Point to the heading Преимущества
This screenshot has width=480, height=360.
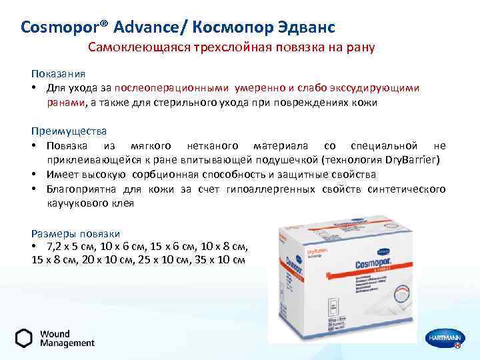point(69,131)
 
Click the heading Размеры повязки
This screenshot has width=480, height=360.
point(75,233)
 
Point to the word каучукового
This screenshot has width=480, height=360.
point(75,203)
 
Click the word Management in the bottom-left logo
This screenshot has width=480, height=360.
point(67,343)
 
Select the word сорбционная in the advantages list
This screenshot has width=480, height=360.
point(181,175)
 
